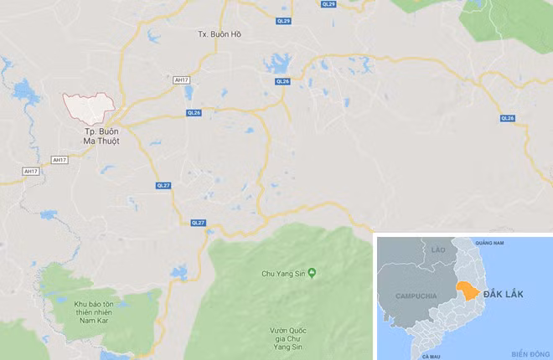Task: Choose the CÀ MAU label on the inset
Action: [432, 356]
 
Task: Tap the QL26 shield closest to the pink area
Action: [194, 112]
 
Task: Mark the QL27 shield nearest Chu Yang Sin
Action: [198, 222]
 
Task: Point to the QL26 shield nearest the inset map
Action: [507, 118]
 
